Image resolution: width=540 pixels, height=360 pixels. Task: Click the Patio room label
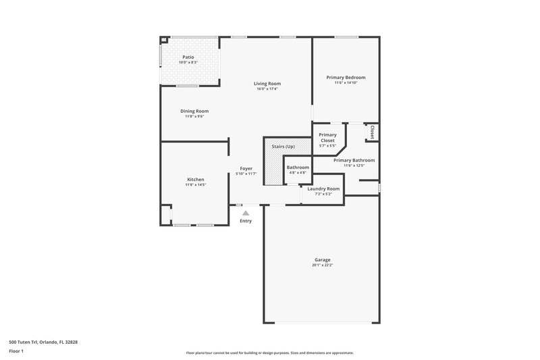[x=188, y=57]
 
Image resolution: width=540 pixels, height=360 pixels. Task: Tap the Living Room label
[x=267, y=83]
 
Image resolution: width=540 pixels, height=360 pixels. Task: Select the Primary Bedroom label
[x=346, y=78]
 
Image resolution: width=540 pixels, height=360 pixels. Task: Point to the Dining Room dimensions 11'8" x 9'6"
[x=194, y=116]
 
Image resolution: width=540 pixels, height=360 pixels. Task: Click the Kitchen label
[x=196, y=179]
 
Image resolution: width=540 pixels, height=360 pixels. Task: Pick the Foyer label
[x=246, y=169]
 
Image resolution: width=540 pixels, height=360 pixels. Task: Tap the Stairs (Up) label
[x=283, y=147]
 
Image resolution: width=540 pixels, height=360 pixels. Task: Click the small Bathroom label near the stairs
[x=298, y=167]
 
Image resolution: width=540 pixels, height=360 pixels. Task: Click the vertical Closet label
[x=371, y=132]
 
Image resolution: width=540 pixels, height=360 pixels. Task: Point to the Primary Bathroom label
[x=354, y=160]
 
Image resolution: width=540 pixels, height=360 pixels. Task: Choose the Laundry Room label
[x=323, y=188]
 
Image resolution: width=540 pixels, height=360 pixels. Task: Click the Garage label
[x=322, y=259]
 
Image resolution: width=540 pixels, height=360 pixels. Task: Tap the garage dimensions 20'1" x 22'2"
[x=322, y=265]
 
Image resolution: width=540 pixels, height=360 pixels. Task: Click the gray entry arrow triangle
[x=246, y=213]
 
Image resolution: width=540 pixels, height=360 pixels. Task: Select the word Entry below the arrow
[x=246, y=221]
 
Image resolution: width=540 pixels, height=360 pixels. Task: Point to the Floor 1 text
[x=16, y=351]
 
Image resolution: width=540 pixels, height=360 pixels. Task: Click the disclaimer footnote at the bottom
[x=269, y=353]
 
